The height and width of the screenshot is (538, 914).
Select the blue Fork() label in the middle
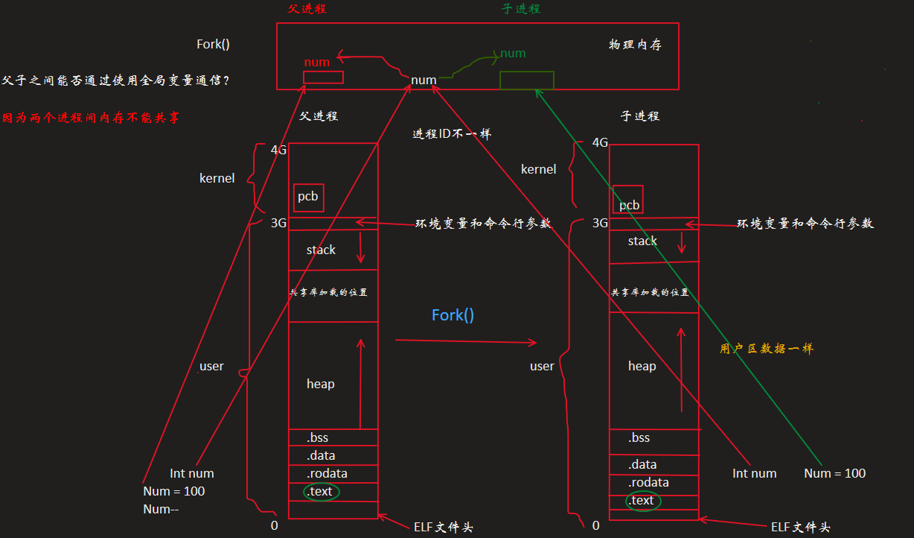(453, 315)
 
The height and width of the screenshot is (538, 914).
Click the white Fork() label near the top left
(213, 44)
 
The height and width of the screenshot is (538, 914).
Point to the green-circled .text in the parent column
(321, 492)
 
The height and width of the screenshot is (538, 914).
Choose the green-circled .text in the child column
(641, 501)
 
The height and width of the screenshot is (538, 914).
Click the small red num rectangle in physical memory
(323, 77)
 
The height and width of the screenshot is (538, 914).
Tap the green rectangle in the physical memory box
(526, 80)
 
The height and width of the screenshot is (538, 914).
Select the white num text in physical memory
(424, 80)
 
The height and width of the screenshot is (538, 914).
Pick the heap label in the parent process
(321, 384)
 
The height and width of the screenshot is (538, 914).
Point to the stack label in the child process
(642, 241)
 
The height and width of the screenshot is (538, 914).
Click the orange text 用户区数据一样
(767, 348)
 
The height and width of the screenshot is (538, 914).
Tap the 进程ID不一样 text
(452, 135)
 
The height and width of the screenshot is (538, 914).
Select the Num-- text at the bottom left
(160, 510)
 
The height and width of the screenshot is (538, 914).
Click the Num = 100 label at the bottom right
(835, 473)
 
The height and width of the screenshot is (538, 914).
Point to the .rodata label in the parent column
(327, 473)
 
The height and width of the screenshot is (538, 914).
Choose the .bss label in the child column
(639, 437)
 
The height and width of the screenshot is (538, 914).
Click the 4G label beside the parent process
(279, 150)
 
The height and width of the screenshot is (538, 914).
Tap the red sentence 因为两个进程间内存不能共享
(91, 118)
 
